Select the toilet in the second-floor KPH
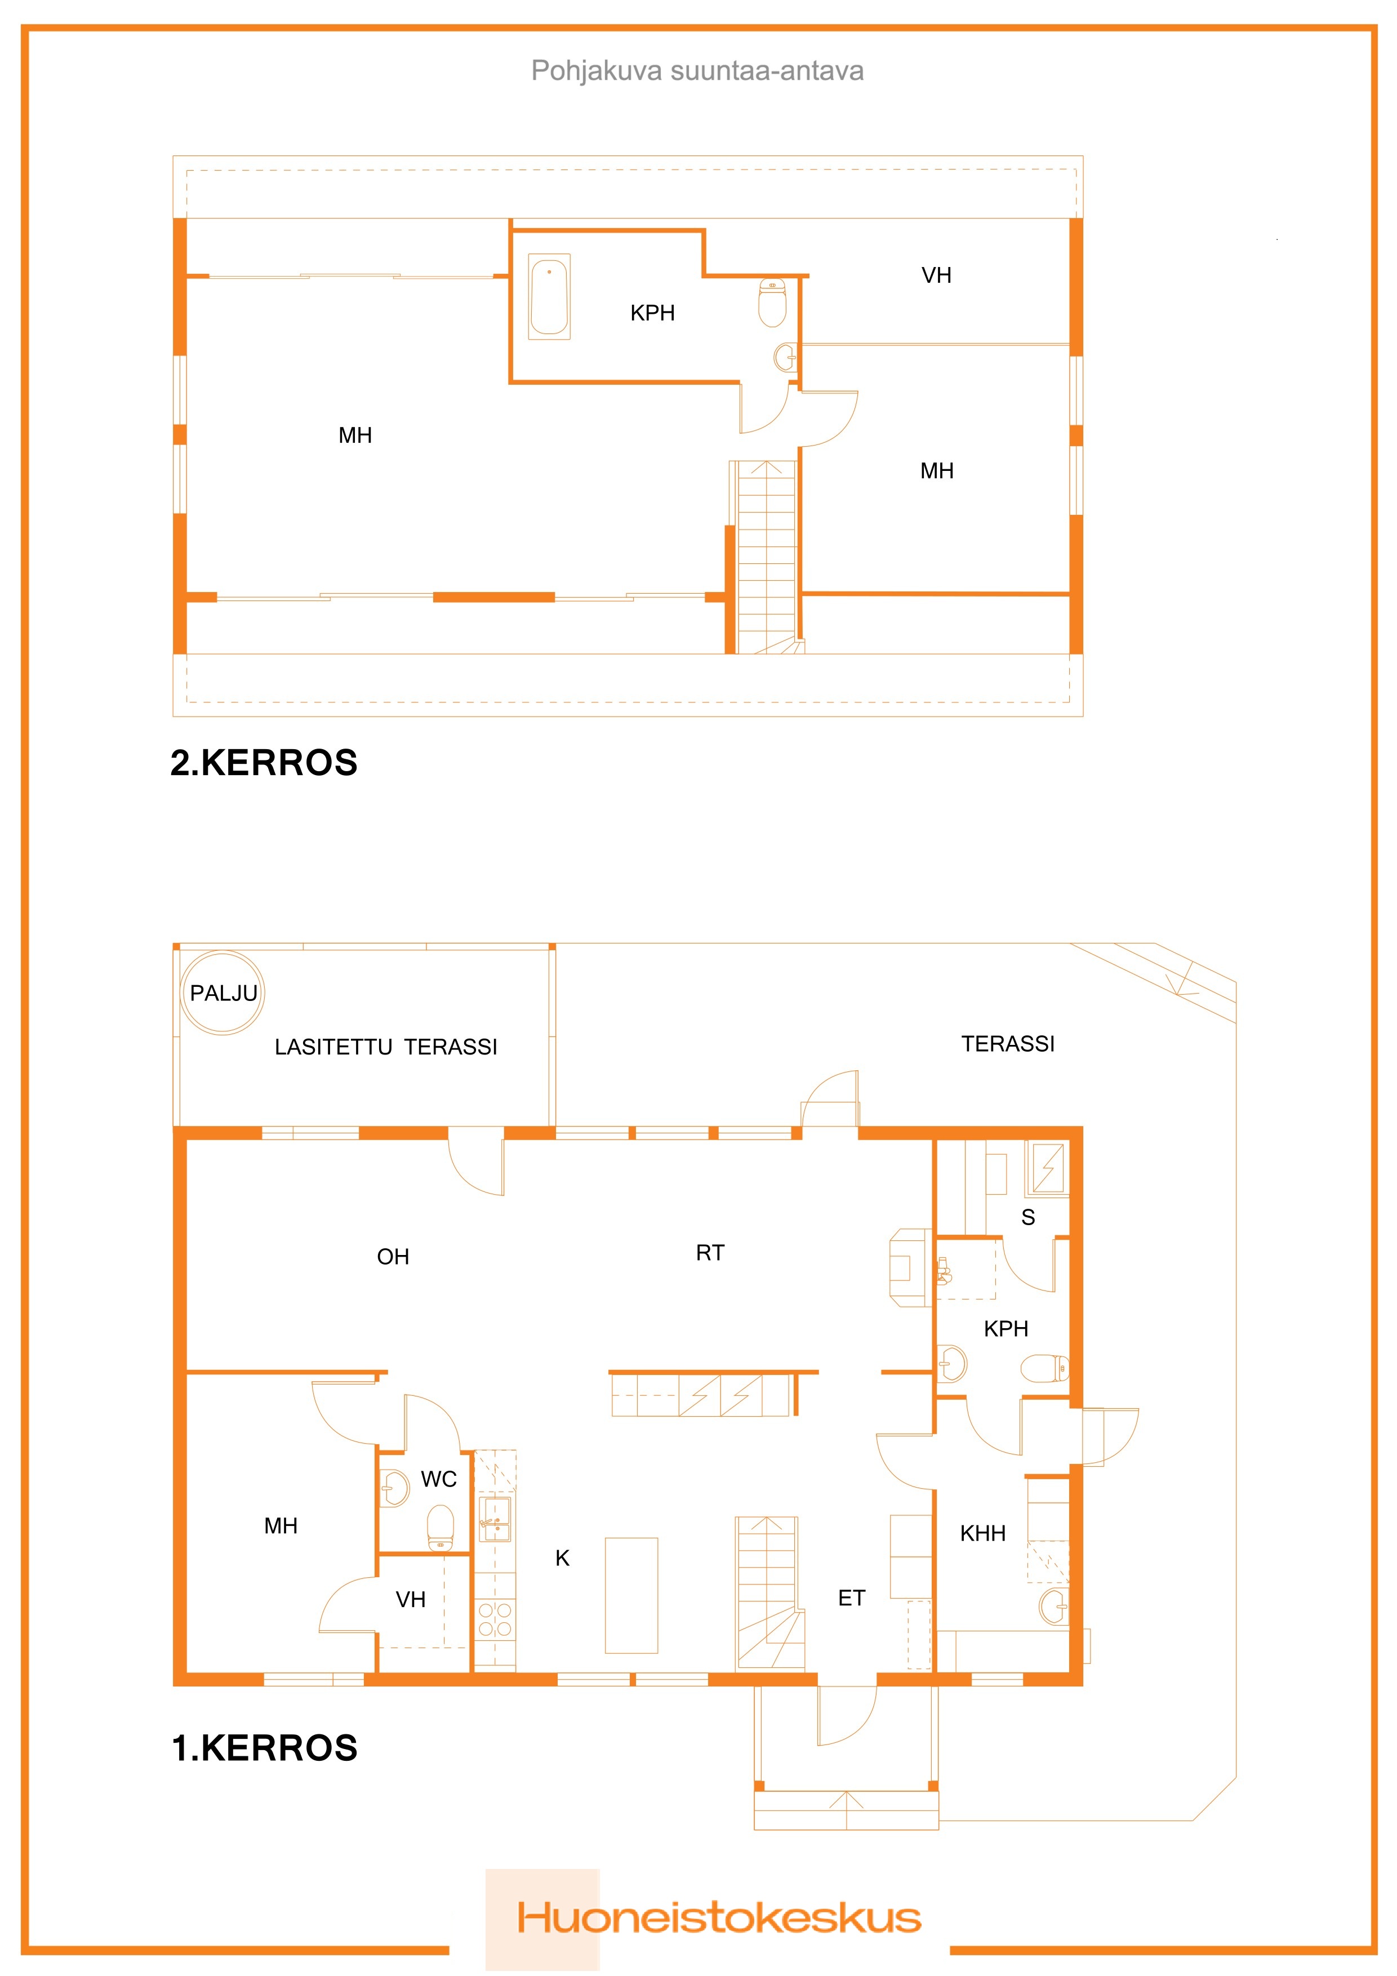(x=772, y=302)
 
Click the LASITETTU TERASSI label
(x=386, y=1047)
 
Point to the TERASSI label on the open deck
(x=1007, y=1044)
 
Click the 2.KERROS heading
(x=264, y=763)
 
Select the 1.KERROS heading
(x=264, y=1748)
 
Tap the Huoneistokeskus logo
(x=719, y=1919)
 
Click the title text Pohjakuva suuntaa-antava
(x=697, y=70)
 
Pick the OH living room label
(x=393, y=1257)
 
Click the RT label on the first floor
(x=710, y=1253)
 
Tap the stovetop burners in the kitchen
(x=495, y=1619)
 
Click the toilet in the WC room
(x=441, y=1526)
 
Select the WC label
(x=438, y=1479)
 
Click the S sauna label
(x=1027, y=1217)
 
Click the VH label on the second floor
(x=937, y=275)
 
